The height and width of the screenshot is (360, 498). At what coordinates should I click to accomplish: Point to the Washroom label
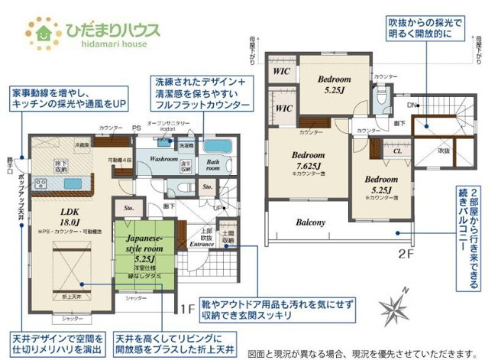163,159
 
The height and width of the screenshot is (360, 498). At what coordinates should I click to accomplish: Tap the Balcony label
311,223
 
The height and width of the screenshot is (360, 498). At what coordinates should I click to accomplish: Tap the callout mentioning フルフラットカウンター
201,92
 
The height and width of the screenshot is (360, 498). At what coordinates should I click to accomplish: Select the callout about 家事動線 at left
68,98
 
